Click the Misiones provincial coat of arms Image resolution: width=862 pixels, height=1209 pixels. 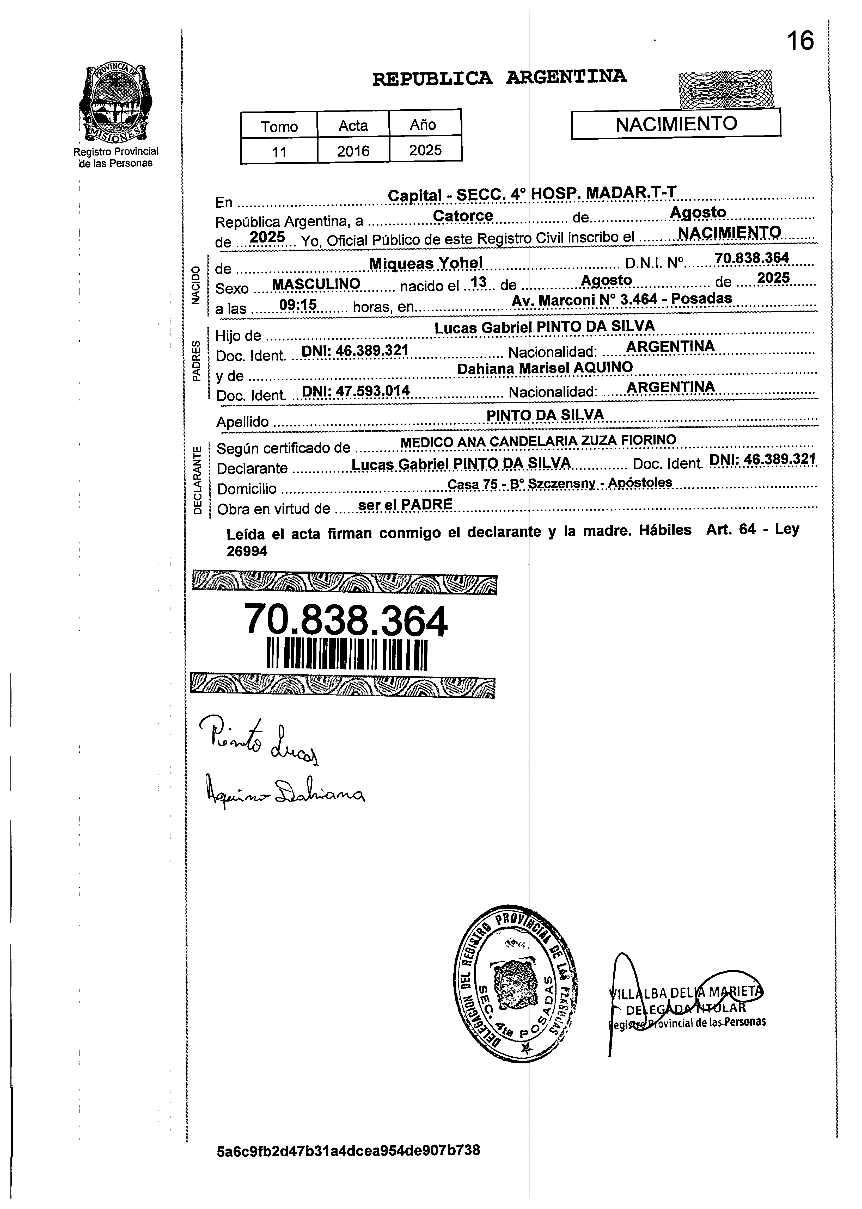tap(115, 103)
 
